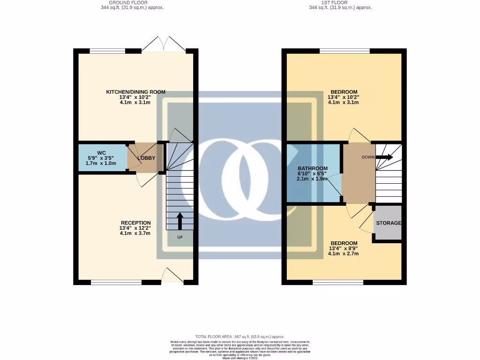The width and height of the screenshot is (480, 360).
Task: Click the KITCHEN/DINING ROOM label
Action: click(135, 92)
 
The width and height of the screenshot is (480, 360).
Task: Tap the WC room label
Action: click(102, 153)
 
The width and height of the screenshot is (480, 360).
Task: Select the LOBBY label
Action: click(146, 158)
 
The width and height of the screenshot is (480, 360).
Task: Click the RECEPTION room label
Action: click(135, 223)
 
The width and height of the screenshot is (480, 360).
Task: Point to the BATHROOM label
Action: click(313, 168)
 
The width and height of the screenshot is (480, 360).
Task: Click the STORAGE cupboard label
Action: click(388, 223)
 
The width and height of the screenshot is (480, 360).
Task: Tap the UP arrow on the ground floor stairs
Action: click(180, 221)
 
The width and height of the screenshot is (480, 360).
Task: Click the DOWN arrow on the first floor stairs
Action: click(384, 157)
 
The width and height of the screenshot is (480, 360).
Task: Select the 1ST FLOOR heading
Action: click(340, 2)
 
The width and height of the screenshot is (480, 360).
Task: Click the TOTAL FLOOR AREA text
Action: click(240, 337)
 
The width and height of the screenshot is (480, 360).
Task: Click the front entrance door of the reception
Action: click(172, 276)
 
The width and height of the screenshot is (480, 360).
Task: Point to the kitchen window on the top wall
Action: click(108, 51)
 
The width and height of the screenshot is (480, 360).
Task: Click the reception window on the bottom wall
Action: click(116, 282)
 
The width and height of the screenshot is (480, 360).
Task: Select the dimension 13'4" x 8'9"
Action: click(344, 248)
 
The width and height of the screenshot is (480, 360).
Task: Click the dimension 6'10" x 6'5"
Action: click(313, 173)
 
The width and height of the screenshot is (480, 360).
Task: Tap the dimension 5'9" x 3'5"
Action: click(101, 158)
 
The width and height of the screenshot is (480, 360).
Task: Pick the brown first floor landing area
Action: click(359, 173)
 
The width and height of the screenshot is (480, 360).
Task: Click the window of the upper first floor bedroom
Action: click(345, 51)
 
